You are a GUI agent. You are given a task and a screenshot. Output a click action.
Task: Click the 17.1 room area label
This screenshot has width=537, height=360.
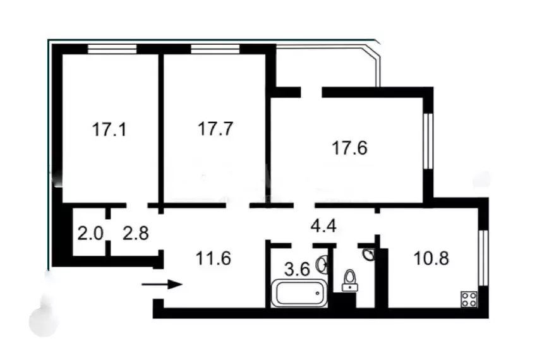[x=109, y=130]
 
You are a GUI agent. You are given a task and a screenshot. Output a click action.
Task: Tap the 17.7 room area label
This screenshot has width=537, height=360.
[x=215, y=129]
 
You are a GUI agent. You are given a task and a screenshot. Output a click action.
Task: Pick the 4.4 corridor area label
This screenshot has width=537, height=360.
[x=322, y=225]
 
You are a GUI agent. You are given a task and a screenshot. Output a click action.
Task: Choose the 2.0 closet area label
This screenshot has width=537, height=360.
[x=90, y=232]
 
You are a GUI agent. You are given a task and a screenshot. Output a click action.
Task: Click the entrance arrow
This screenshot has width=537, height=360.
[x=162, y=284]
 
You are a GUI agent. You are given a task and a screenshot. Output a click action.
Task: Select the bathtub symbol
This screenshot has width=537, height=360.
[x=299, y=294]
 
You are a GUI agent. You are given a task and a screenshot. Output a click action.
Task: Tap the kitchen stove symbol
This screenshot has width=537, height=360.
[x=468, y=299]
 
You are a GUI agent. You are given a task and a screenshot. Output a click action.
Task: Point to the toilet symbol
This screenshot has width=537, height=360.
[x=349, y=280]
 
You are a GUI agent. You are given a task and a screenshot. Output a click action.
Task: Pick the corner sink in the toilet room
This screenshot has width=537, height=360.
[x=368, y=254]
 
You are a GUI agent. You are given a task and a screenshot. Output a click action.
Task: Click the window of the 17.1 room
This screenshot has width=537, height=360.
[x=112, y=49]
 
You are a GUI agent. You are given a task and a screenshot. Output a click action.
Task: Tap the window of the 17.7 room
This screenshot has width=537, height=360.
[x=215, y=49]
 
